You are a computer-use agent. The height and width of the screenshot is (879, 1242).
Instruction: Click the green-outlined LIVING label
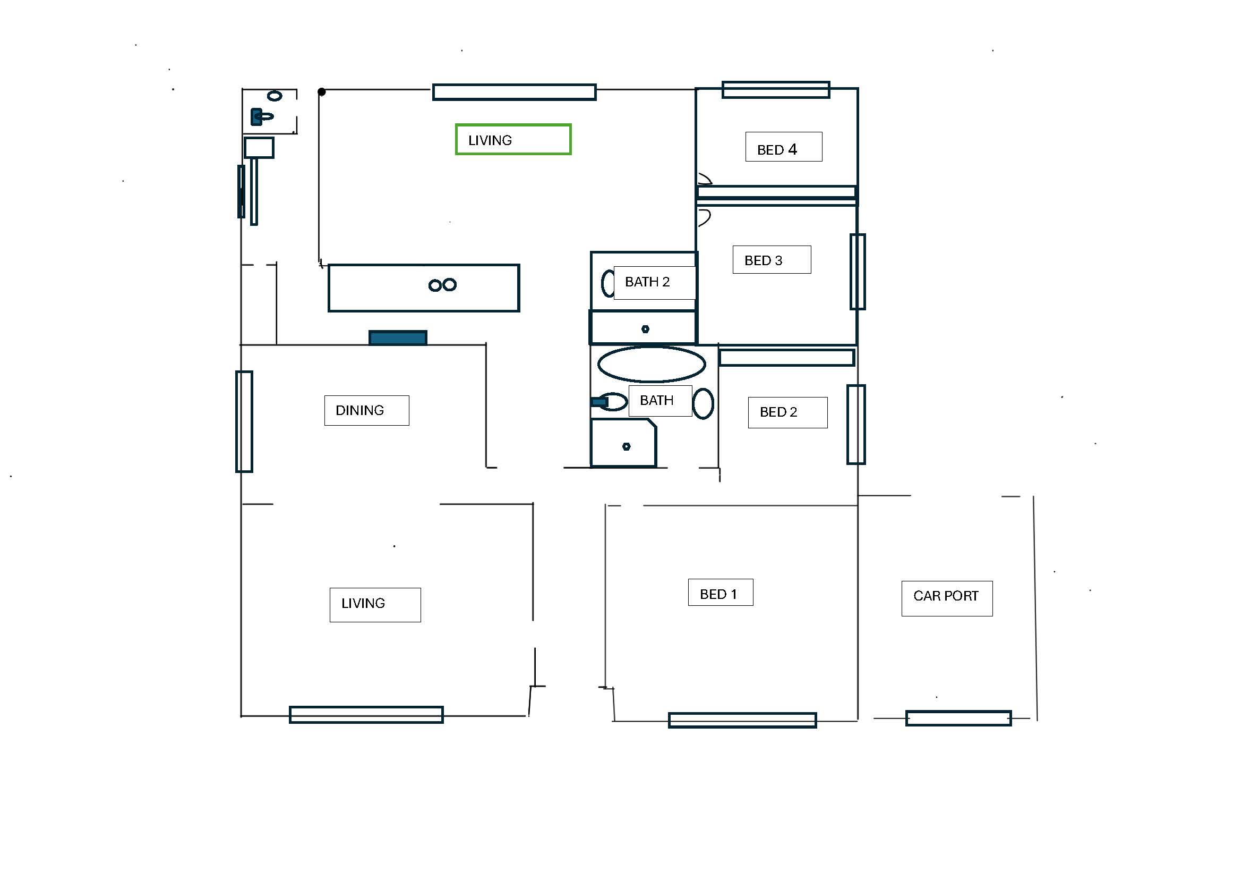pyautogui.click(x=513, y=140)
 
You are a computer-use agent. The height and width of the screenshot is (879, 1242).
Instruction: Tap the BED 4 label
pyautogui.click(x=783, y=147)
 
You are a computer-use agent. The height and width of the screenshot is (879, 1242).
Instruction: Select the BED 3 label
pyautogui.click(x=772, y=260)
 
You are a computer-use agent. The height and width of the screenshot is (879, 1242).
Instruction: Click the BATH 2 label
pyautogui.click(x=655, y=283)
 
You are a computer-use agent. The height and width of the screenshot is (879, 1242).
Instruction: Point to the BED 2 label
pyautogui.click(x=787, y=412)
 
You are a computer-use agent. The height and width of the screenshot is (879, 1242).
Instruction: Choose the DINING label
pyautogui.click(x=367, y=410)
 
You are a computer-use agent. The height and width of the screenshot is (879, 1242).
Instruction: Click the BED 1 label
pyautogui.click(x=721, y=593)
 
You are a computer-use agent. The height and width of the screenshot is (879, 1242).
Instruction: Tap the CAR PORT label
pyautogui.click(x=947, y=598)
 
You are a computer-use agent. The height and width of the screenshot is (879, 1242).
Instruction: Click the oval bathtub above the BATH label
pyautogui.click(x=652, y=364)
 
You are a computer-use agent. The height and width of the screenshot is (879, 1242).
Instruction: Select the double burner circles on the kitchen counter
pyautogui.click(x=442, y=285)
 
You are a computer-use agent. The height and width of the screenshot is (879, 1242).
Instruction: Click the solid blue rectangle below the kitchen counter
pyautogui.click(x=398, y=338)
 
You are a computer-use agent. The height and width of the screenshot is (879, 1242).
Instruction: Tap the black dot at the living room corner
pyautogui.click(x=321, y=92)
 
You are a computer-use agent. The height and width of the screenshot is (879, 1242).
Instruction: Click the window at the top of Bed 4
pyautogui.click(x=776, y=90)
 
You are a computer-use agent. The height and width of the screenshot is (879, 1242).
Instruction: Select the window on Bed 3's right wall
pyautogui.click(x=858, y=272)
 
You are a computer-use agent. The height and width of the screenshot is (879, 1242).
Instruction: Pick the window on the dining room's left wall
pyautogui.click(x=244, y=421)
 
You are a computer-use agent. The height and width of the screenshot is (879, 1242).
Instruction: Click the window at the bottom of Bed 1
pyautogui.click(x=742, y=720)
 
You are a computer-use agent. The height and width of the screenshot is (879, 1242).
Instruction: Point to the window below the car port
pyautogui.click(x=958, y=719)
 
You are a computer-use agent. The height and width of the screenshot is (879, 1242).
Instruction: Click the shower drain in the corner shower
pyautogui.click(x=626, y=446)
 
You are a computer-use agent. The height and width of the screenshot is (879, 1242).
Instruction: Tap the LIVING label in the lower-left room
pyautogui.click(x=375, y=605)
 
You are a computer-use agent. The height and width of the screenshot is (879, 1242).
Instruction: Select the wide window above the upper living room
pyautogui.click(x=514, y=92)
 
